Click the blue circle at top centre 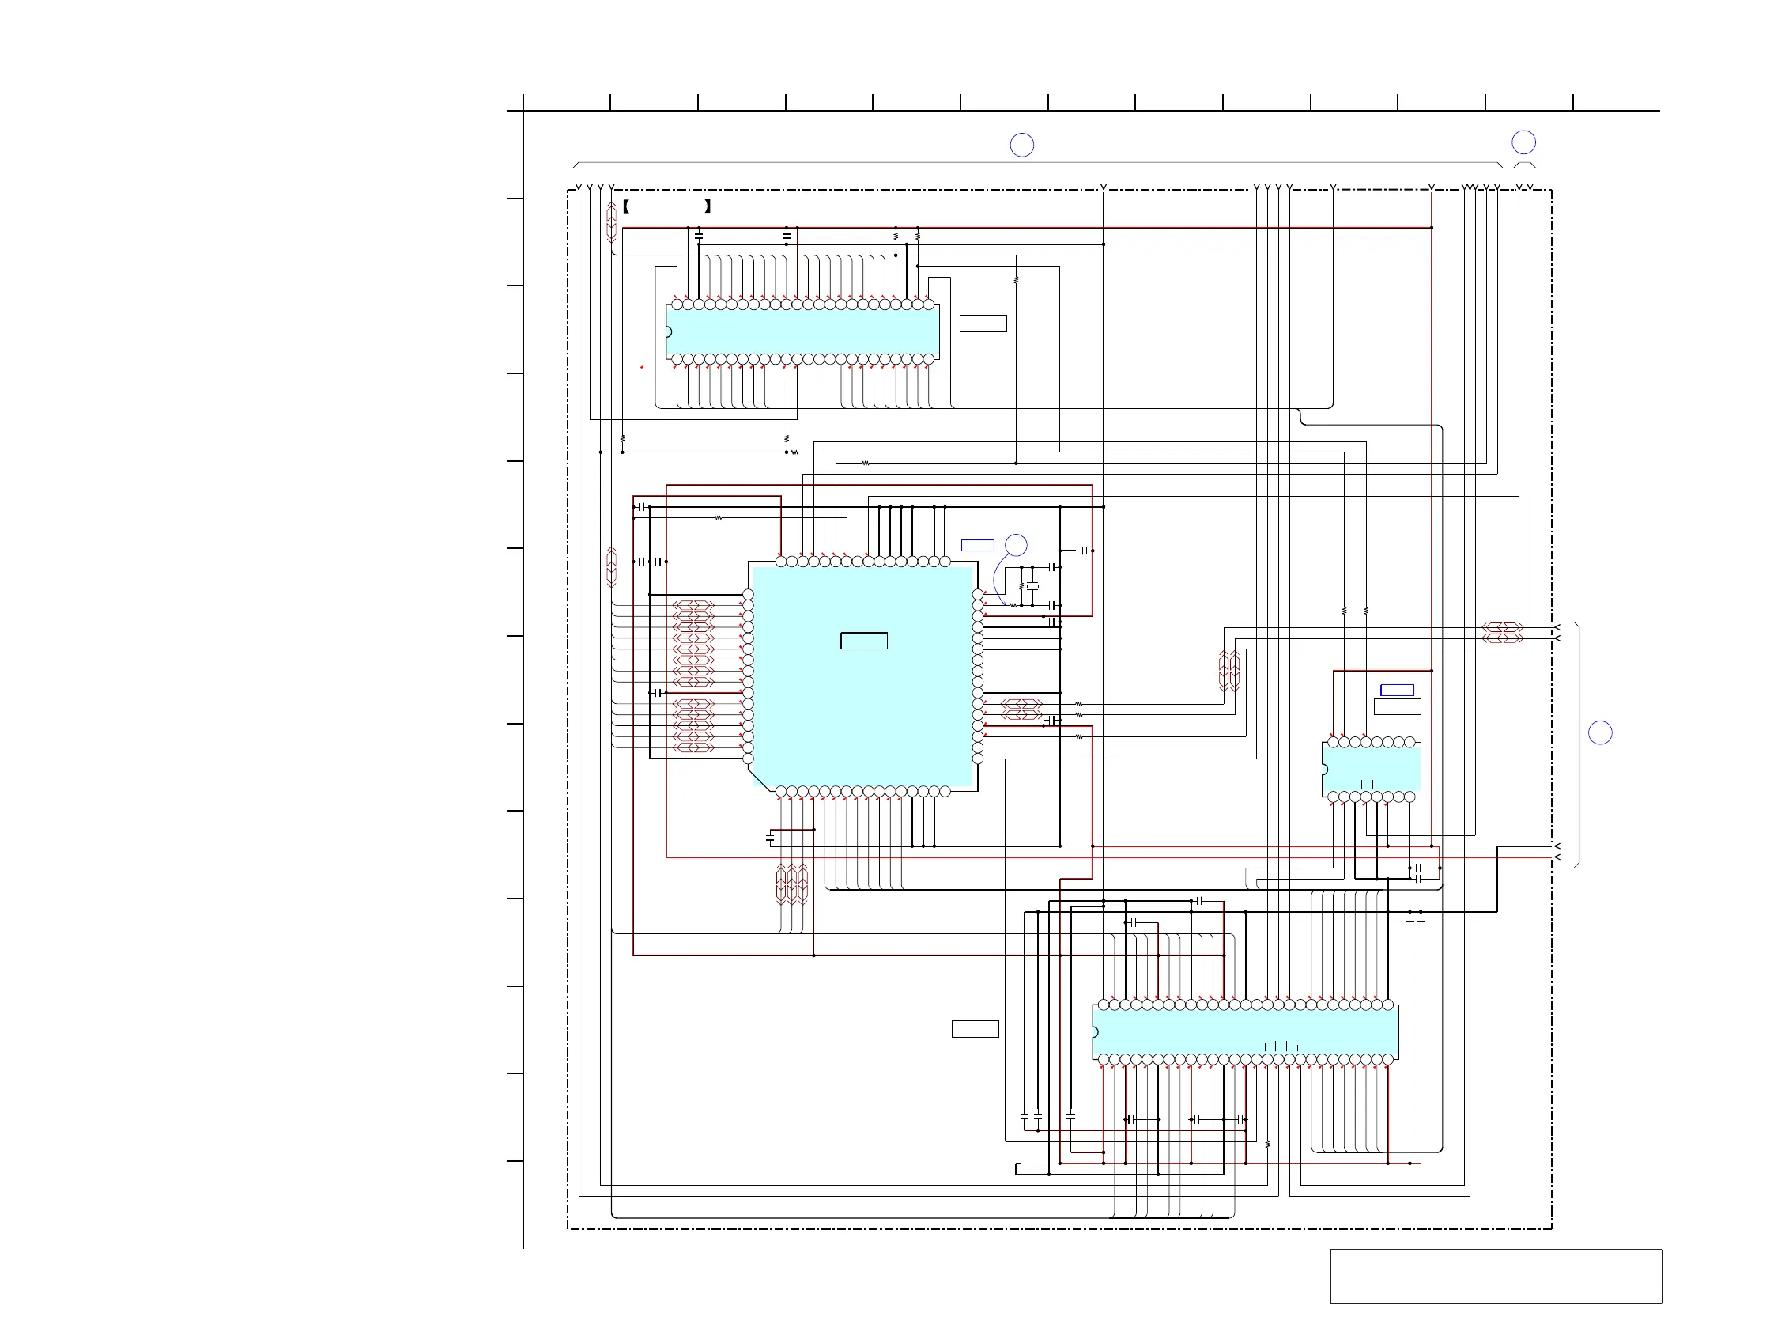pos(1022,145)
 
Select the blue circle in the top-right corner pos(1523,142)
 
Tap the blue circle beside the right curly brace pos(1599,732)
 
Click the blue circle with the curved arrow pos(1015,545)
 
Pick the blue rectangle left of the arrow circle pos(977,545)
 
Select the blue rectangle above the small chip pos(1397,690)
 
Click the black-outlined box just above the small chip pos(1397,706)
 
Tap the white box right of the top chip pos(983,324)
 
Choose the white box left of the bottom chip pos(975,1028)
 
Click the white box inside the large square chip pos(863,641)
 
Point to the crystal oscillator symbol pos(1032,587)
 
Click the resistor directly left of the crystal pos(1021,587)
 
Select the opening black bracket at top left pos(626,206)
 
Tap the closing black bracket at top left pos(708,206)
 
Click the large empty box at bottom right pos(1496,1276)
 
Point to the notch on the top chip pos(668,331)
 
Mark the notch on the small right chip pos(1324,770)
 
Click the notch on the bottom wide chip pos(1095,1031)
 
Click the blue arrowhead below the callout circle pos(986,594)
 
